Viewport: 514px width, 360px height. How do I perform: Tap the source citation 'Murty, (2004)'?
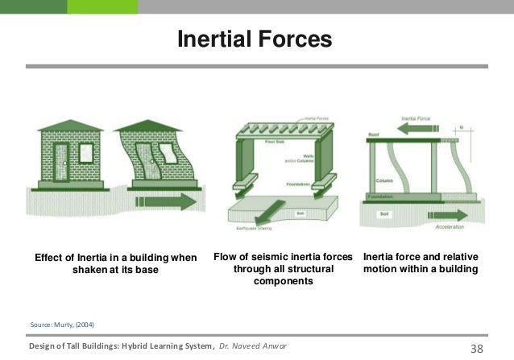tap(61, 323)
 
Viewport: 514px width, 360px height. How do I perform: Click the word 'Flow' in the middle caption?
tap(228, 257)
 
